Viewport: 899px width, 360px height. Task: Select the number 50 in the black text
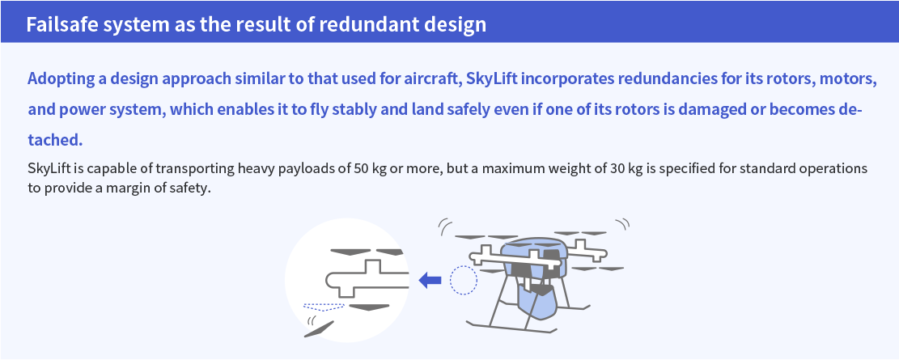[x=361, y=169]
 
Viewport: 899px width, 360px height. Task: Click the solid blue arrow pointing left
[x=430, y=280]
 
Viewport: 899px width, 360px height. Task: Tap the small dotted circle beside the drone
[x=464, y=280]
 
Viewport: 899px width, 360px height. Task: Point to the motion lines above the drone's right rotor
[x=622, y=224]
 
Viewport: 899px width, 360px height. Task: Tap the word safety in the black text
[x=189, y=188]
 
